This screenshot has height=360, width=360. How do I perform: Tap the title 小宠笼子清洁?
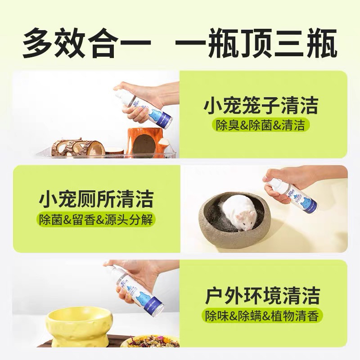pos(261,107)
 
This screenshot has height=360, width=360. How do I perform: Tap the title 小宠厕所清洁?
pos(96,199)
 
